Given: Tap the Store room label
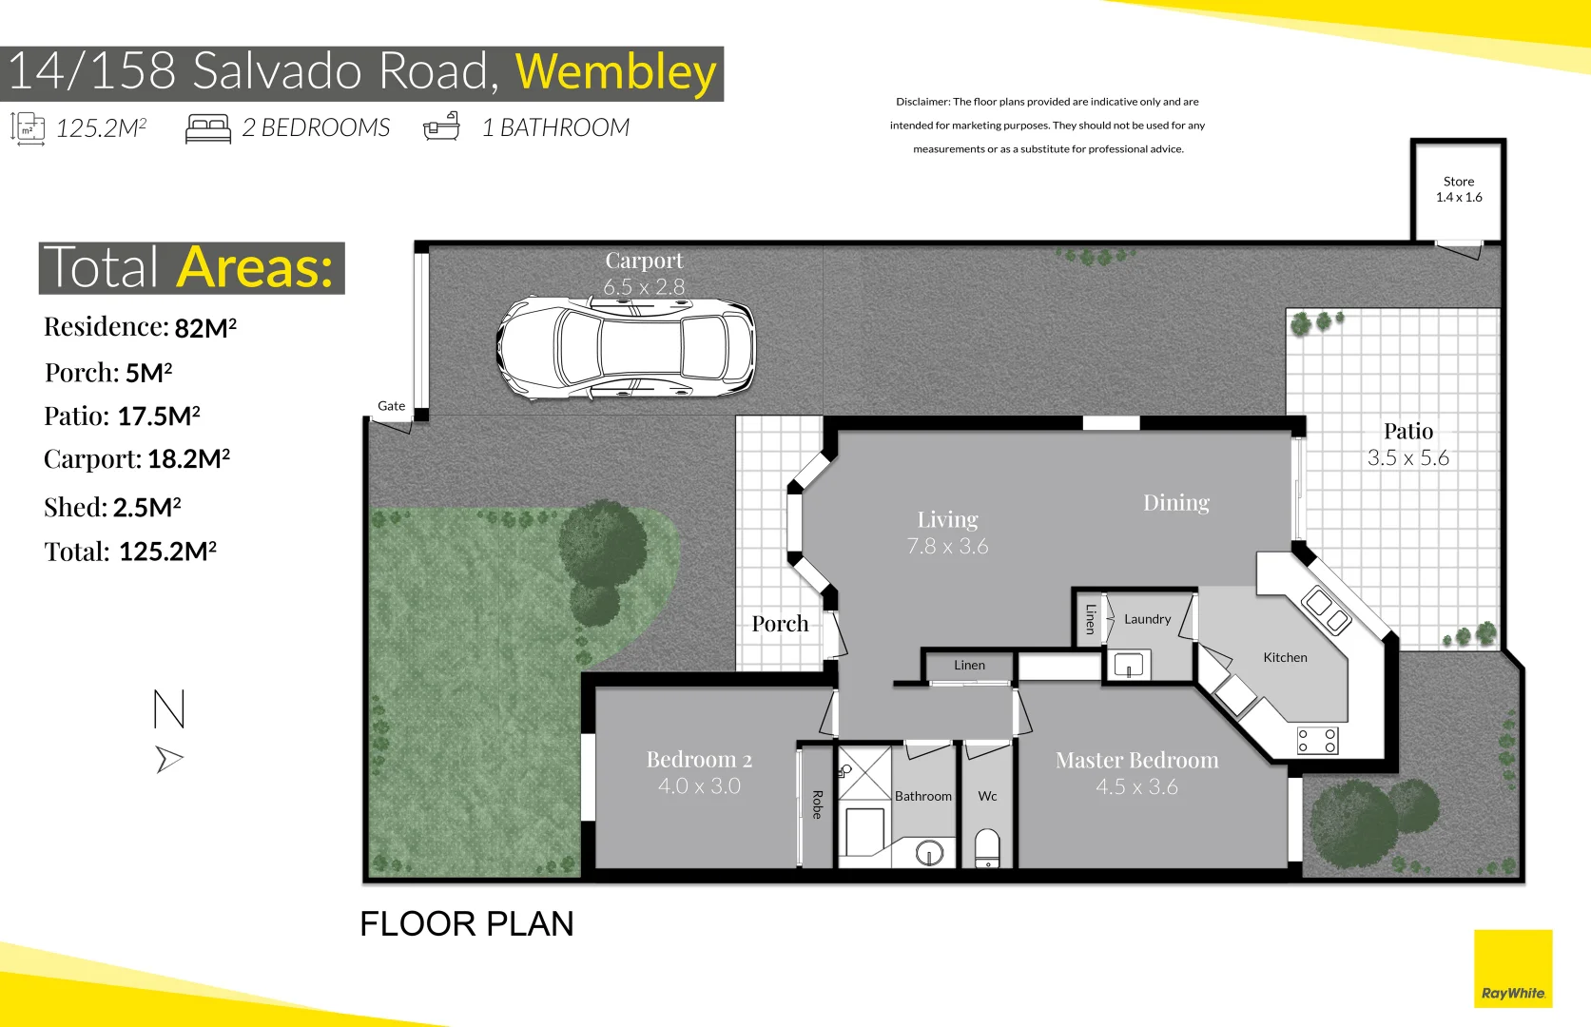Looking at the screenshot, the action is (x=1459, y=181).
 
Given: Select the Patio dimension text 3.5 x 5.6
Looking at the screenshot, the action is (x=1407, y=458).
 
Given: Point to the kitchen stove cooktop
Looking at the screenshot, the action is (x=1317, y=741).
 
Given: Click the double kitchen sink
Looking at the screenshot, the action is (x=1326, y=610).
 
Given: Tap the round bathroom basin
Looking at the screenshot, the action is (x=929, y=852).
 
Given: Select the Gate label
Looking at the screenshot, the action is (x=392, y=405).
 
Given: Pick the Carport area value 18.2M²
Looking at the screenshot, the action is (x=188, y=458).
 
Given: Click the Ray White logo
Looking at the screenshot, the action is (x=1513, y=968).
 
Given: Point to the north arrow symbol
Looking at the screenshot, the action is (x=170, y=759).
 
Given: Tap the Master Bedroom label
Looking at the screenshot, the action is (x=1136, y=760).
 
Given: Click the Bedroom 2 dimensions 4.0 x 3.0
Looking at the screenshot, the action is (x=699, y=786).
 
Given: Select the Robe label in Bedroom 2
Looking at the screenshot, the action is (x=817, y=804).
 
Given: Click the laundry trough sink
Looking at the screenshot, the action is (x=1128, y=666).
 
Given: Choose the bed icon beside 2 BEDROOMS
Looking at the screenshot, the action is (x=208, y=128).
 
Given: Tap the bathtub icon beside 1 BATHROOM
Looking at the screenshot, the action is (x=441, y=126).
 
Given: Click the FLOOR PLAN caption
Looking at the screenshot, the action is (x=467, y=924).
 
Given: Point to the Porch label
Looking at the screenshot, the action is (x=780, y=624).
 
